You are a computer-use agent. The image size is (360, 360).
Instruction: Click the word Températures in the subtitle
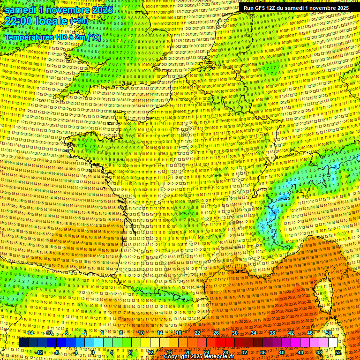click(x=30, y=37)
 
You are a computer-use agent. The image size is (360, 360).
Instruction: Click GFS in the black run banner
click(x=264, y=8)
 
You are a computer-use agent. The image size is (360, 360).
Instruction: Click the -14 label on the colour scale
click(x=30, y=333)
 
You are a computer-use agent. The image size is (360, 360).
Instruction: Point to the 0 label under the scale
click(x=93, y=352)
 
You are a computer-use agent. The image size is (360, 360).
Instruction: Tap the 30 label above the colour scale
click(x=234, y=333)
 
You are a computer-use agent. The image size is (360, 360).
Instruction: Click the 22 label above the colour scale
click(x=197, y=333)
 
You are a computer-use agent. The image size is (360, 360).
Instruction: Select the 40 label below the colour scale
click(x=282, y=352)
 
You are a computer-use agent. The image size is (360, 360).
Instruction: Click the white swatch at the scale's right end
click(x=333, y=343)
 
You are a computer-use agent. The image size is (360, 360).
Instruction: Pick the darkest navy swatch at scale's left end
click(x=23, y=343)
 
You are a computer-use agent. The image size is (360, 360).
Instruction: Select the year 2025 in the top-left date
click(x=100, y=10)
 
